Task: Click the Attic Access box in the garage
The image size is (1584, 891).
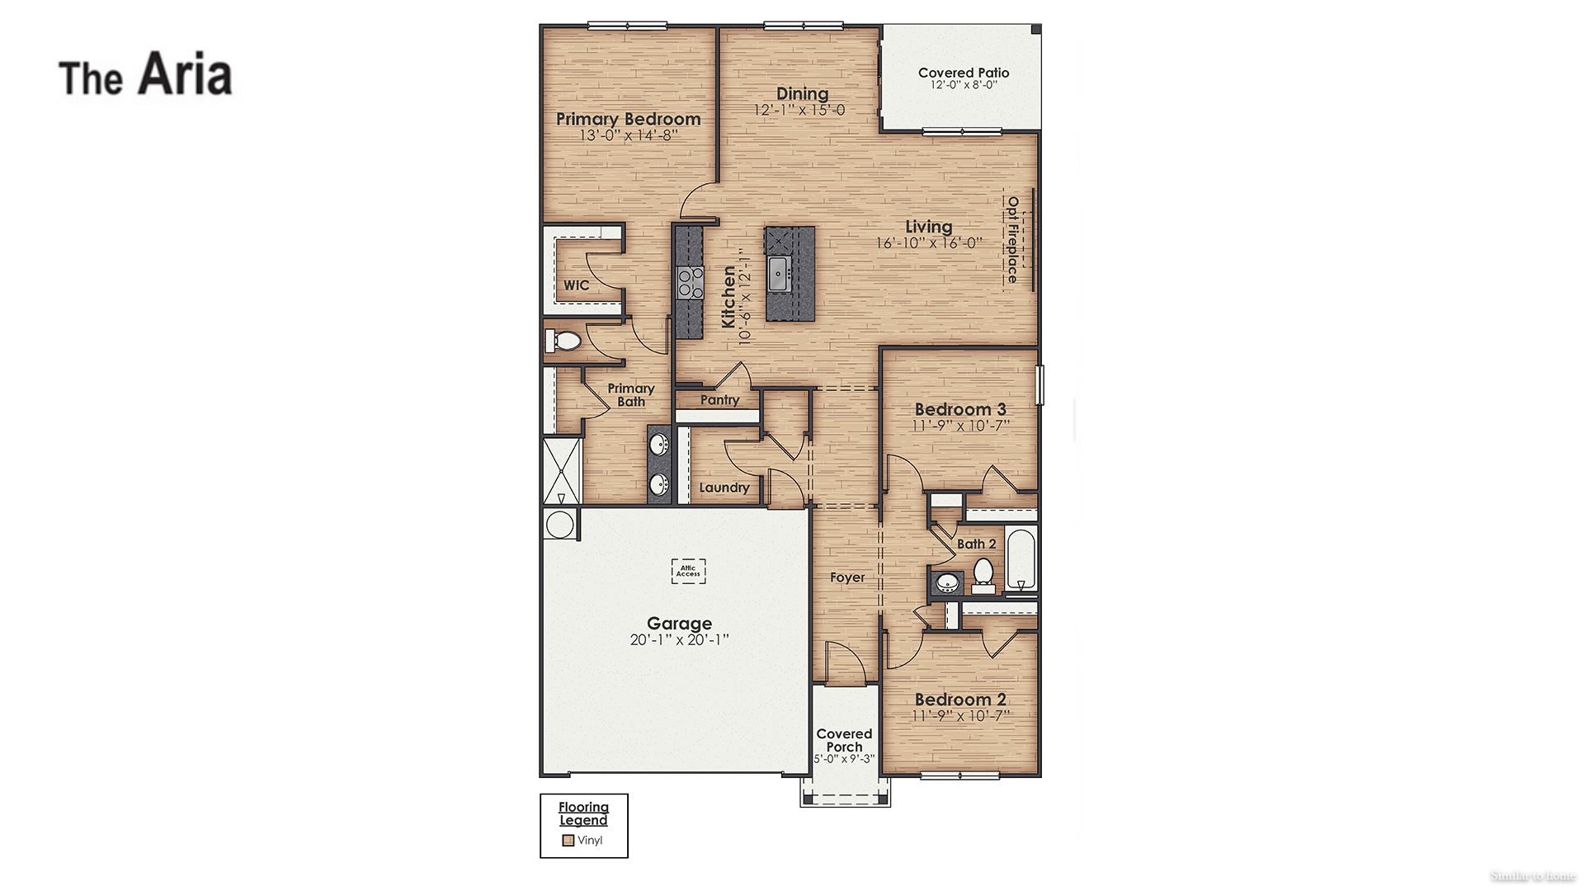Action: [x=688, y=571]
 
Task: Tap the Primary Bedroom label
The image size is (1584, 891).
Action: [x=628, y=119]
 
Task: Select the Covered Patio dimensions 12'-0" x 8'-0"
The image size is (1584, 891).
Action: [x=964, y=85]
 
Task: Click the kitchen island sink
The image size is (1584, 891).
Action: [x=779, y=273]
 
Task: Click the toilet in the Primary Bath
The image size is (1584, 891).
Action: [x=565, y=340]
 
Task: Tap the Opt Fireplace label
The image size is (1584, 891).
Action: [x=1012, y=240]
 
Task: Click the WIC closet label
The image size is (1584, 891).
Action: [x=577, y=285]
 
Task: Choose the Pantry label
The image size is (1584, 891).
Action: [x=719, y=400]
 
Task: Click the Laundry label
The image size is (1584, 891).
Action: [x=724, y=488]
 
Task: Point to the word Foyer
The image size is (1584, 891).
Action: [x=847, y=577]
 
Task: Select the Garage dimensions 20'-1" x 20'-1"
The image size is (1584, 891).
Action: [x=679, y=640]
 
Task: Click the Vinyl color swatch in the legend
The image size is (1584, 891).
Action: [x=568, y=841]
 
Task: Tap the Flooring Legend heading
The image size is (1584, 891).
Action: [x=583, y=813]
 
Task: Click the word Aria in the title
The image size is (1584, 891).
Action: [x=185, y=74]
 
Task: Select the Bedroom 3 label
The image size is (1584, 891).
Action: [x=960, y=409]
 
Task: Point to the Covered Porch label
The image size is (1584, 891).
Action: [x=844, y=740]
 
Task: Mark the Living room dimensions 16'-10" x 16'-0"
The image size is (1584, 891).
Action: [x=929, y=243]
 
